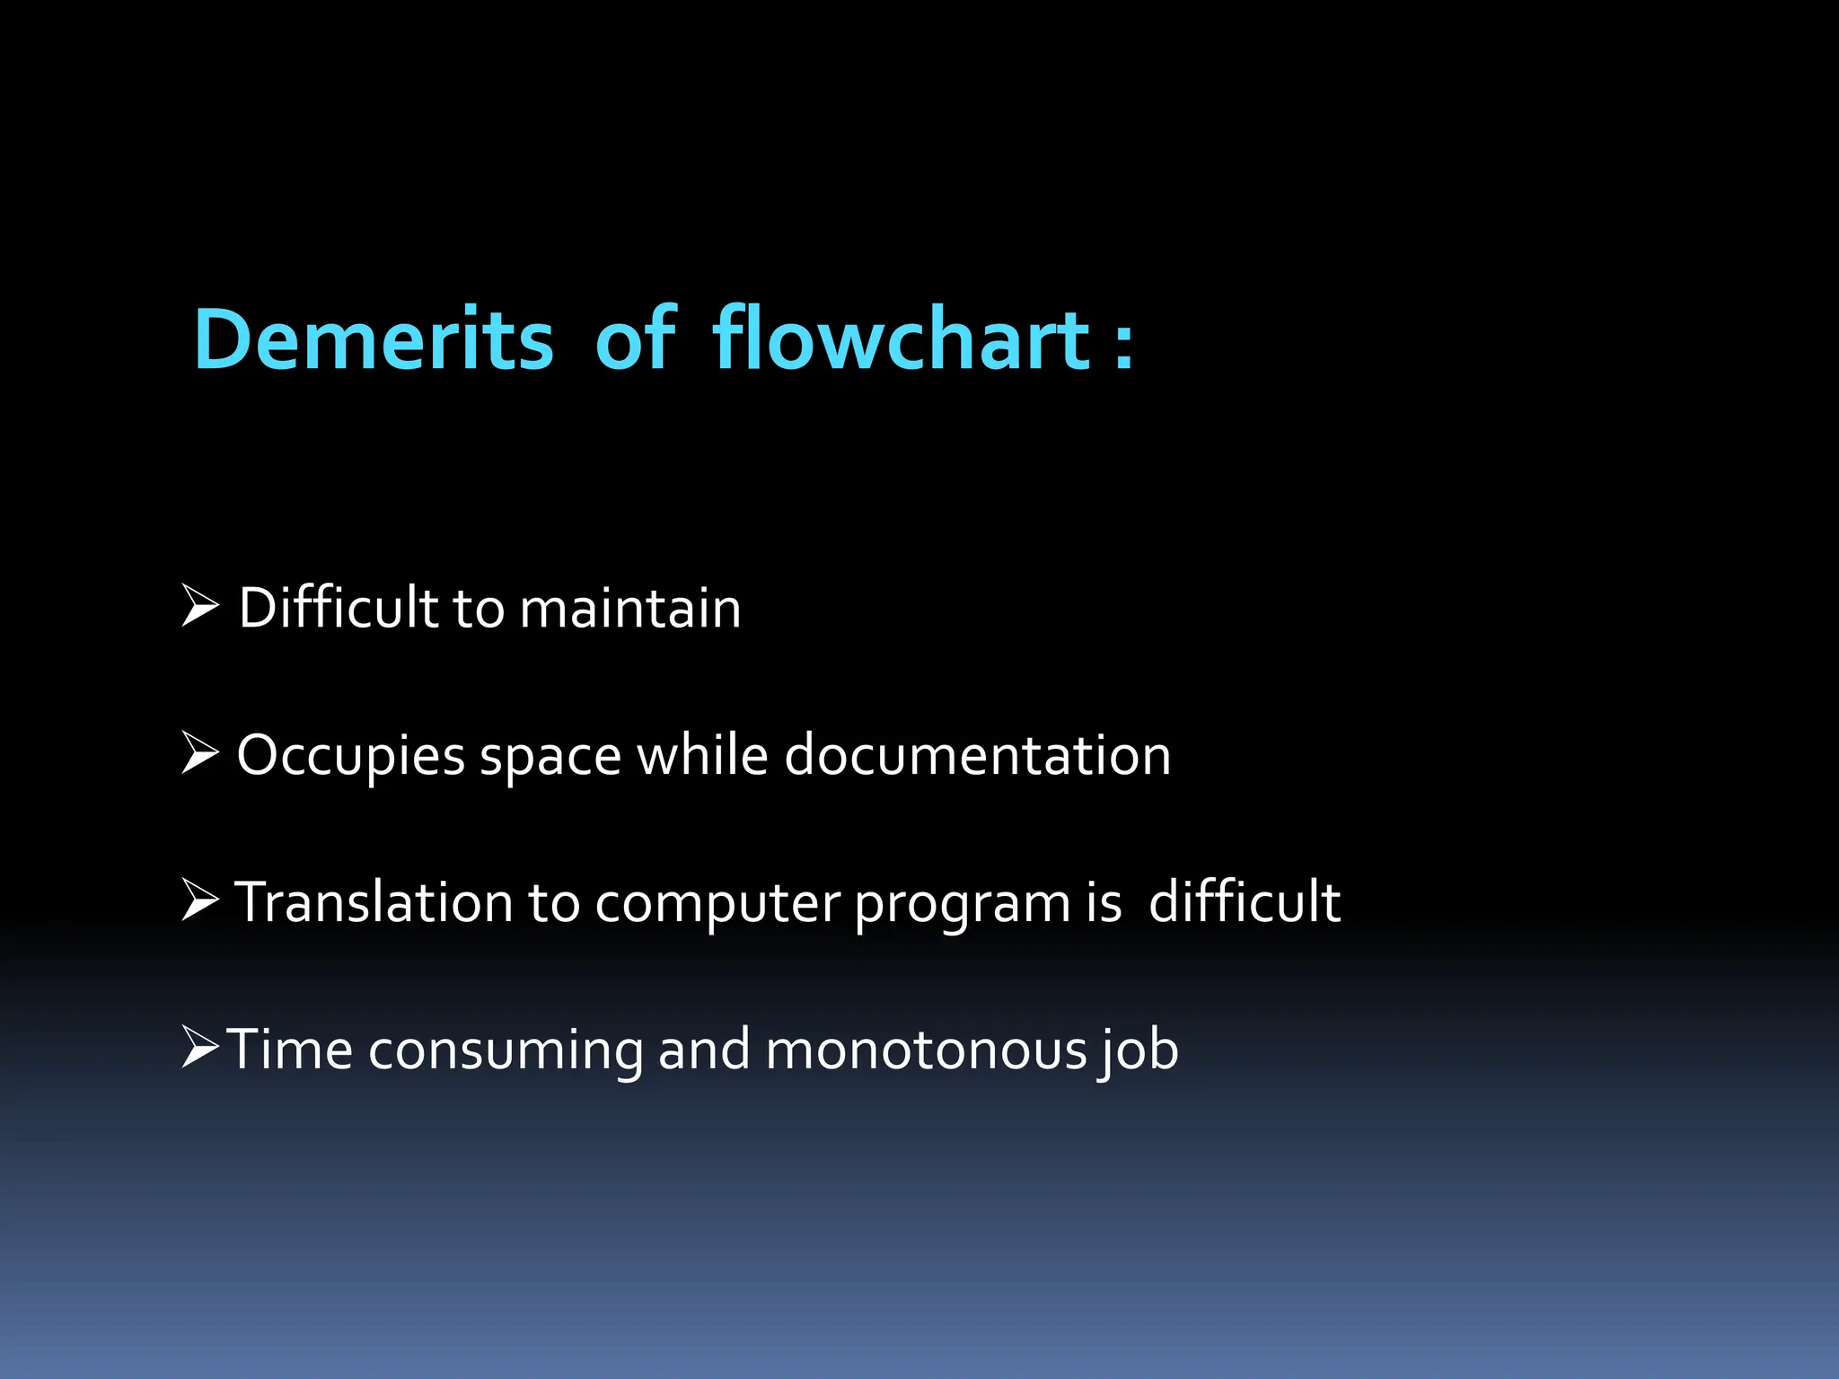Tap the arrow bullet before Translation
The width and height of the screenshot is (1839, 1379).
click(199, 900)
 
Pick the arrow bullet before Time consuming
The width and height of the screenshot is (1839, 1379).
click(199, 1047)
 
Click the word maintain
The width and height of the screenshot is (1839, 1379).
click(630, 609)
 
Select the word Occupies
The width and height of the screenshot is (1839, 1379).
click(350, 756)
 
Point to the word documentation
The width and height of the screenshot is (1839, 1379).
click(978, 756)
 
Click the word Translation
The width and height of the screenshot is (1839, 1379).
click(374, 902)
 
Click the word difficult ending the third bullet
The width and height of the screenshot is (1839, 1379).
click(1245, 902)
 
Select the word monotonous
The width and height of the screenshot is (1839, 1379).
click(926, 1050)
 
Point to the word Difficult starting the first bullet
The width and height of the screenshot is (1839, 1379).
click(338, 609)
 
